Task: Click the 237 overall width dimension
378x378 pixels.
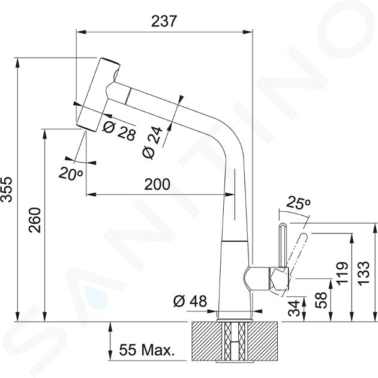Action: point(164,21)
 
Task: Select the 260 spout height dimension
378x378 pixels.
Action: point(35,220)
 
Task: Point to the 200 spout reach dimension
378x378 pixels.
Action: point(157,184)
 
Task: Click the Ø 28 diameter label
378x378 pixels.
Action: point(119,130)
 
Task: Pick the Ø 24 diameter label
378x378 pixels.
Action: point(152,142)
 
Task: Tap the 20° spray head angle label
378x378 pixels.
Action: point(71,173)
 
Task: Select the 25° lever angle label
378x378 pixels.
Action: point(298,203)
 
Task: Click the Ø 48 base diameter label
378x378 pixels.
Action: point(190,301)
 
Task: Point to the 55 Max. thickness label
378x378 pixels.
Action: point(146,350)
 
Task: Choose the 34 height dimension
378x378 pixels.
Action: point(294,308)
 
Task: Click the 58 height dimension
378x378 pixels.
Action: point(321,300)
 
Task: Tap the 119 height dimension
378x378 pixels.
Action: point(343,273)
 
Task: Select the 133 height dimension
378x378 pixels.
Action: point(364,273)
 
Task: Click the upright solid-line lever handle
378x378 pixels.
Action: point(283,245)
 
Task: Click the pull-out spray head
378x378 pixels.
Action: point(98,95)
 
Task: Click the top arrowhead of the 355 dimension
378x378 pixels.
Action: point(17,63)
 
